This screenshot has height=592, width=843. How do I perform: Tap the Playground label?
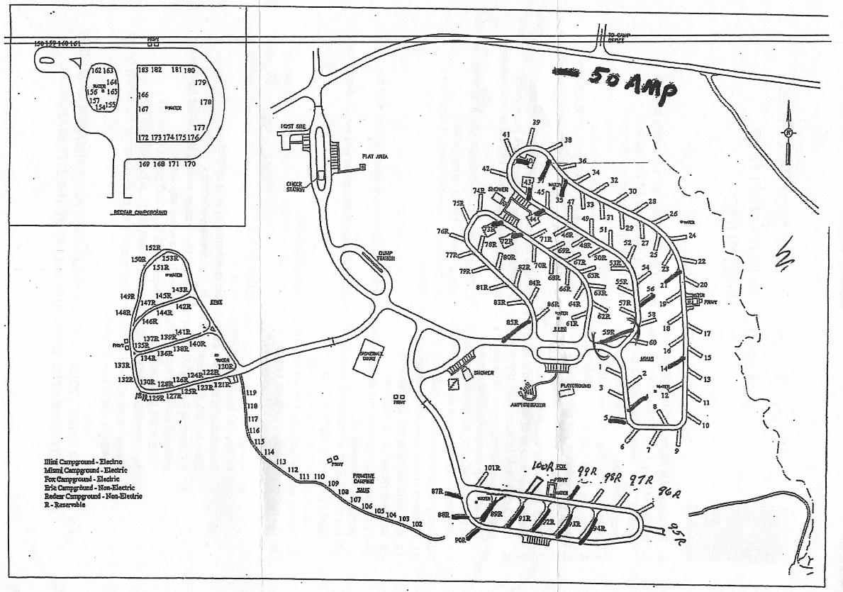576,386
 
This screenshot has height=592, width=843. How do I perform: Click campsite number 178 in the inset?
206,102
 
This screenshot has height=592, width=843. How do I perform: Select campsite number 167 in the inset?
143,109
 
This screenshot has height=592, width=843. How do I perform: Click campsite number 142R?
183,306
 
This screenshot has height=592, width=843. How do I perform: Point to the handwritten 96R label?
664,492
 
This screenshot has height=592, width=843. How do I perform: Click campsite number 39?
536,123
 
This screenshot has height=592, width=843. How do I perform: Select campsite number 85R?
513,323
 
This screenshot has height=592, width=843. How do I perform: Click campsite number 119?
251,392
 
